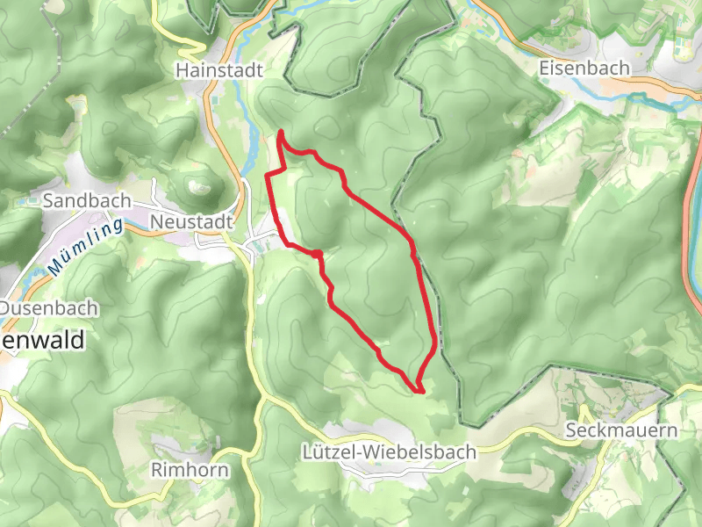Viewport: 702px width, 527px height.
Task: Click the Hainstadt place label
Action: click(219, 69)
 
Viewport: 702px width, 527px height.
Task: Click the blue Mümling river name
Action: click(86, 248)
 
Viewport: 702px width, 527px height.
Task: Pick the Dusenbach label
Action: click(50, 309)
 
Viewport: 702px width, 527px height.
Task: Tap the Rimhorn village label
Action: click(190, 470)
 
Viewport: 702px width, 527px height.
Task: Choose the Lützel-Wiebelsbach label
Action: click(388, 452)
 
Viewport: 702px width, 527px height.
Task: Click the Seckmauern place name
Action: click(622, 431)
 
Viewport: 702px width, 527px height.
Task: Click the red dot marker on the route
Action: click(318, 254)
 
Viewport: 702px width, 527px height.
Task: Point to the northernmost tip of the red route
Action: click(280, 132)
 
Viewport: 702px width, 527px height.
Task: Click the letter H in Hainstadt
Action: click(182, 69)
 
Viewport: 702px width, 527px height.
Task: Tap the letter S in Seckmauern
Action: click(572, 431)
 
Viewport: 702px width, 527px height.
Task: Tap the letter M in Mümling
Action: click(54, 266)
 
